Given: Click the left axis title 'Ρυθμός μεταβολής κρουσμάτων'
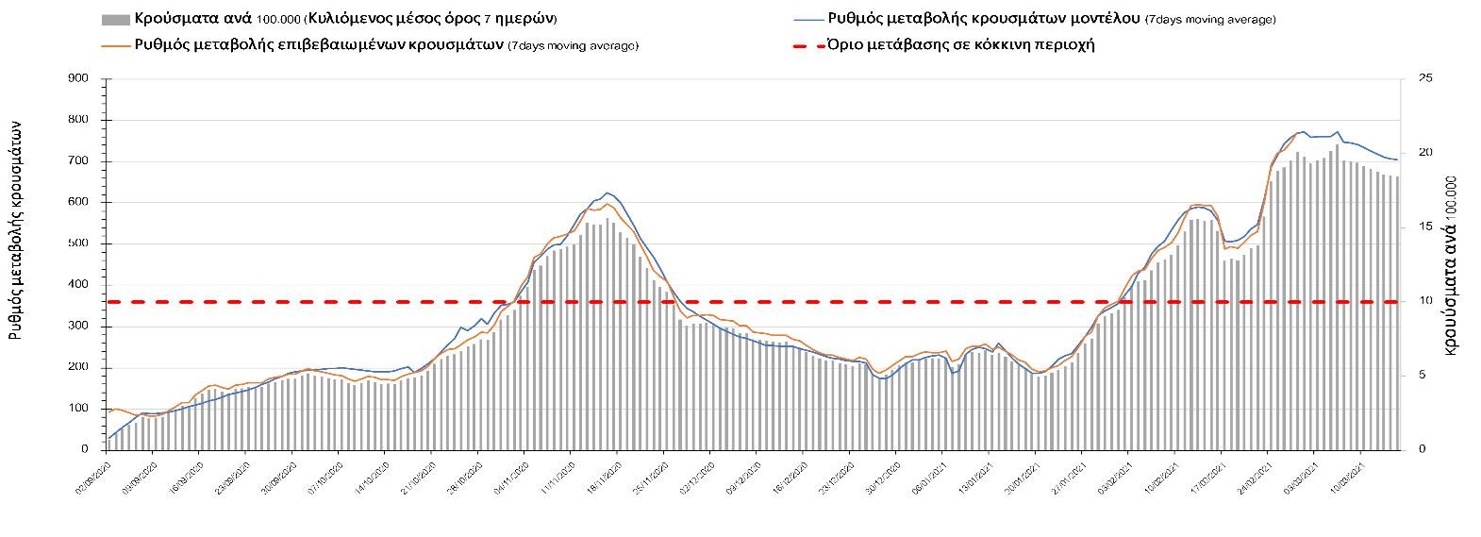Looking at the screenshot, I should (16, 236).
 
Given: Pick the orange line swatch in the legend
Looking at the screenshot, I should (114, 44).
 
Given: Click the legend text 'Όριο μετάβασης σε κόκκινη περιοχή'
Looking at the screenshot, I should (960, 44).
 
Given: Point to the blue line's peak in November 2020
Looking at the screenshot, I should (606, 193).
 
